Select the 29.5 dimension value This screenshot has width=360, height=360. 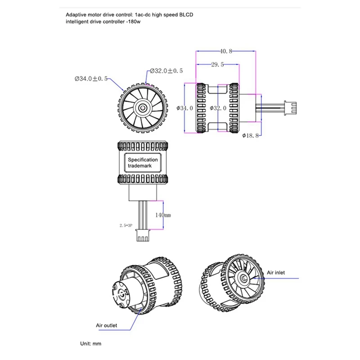coord(217,65)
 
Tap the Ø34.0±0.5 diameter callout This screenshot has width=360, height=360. coord(91,78)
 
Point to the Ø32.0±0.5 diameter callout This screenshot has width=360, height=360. coord(166,71)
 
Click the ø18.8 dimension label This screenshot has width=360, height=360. coord(250,135)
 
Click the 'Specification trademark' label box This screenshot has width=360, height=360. coord(143,163)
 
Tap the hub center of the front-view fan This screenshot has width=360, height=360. coord(143,108)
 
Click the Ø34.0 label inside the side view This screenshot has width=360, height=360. coord(185,108)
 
